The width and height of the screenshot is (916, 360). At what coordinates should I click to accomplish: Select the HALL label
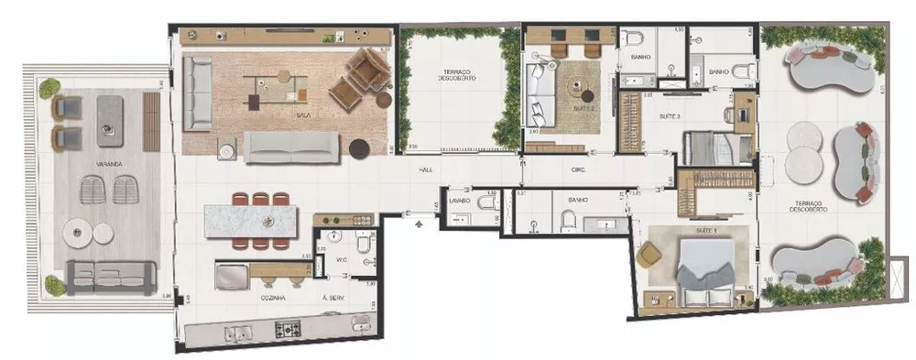[x=426, y=170]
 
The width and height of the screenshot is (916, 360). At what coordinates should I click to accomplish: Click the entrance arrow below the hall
[x=420, y=221]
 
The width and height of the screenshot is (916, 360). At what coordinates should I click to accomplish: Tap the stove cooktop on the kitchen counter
[x=290, y=327]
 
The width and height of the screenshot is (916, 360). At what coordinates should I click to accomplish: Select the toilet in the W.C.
[x=362, y=247]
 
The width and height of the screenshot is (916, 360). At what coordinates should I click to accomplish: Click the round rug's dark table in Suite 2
[x=579, y=89]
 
